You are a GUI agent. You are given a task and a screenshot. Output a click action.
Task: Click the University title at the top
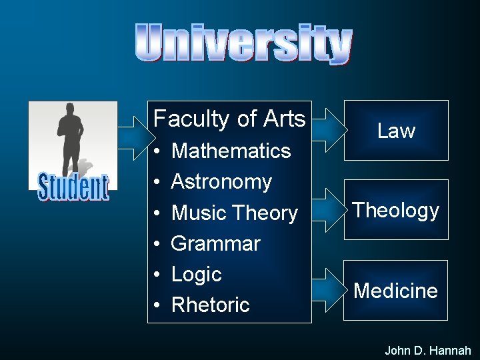click(x=243, y=43)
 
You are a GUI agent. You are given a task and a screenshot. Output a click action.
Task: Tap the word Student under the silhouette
click(x=73, y=187)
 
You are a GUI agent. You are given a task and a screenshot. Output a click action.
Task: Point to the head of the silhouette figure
click(x=69, y=111)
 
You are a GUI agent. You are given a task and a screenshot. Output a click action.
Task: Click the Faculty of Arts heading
click(x=229, y=119)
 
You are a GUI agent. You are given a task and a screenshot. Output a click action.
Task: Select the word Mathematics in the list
click(x=231, y=151)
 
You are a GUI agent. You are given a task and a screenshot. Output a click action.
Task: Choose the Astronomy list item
click(x=221, y=181)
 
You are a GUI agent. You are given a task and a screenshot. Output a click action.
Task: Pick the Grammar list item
click(x=215, y=243)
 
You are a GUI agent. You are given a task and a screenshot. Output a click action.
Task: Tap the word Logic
click(x=196, y=274)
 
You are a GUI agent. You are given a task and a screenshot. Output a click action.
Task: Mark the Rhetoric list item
click(x=210, y=305)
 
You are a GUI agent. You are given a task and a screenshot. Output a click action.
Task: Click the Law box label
click(x=396, y=131)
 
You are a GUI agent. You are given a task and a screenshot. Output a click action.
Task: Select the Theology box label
click(x=396, y=210)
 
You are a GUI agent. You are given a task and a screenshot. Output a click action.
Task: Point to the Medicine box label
click(x=396, y=291)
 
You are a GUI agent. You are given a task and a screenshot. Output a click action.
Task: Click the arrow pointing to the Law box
click(x=327, y=124)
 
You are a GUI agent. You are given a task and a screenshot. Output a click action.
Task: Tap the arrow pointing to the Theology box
click(x=327, y=204)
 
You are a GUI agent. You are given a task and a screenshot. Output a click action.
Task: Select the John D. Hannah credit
click(x=428, y=350)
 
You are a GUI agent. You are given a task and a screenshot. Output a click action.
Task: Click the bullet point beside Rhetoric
click(x=155, y=305)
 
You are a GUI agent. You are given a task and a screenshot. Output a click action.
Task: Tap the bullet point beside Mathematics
click(x=155, y=151)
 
